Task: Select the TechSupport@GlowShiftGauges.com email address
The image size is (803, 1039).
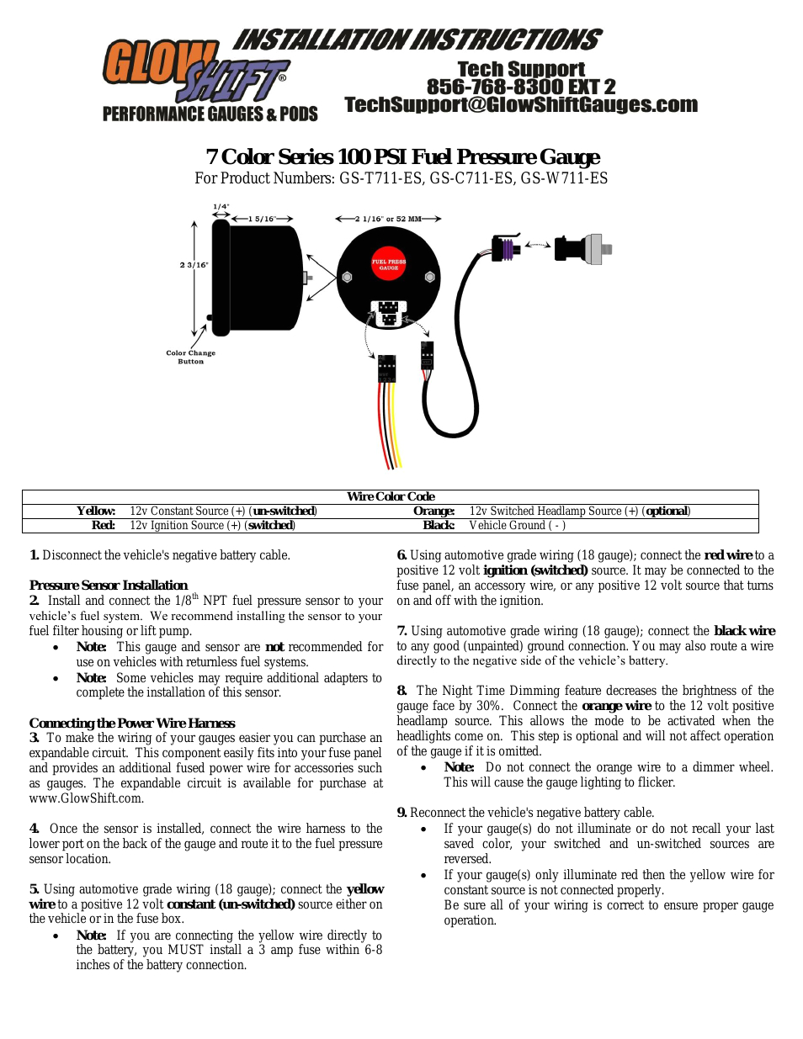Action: tap(521, 105)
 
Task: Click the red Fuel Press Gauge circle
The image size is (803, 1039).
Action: tap(389, 264)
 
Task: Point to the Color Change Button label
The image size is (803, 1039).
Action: tap(190, 357)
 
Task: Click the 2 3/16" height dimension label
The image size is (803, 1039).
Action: tap(194, 265)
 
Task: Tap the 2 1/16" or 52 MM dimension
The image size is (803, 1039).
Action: tap(388, 219)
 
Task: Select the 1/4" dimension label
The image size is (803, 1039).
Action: tap(221, 206)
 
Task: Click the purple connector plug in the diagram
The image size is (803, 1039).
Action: tap(507, 249)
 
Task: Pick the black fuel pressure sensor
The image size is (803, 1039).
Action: tap(575, 248)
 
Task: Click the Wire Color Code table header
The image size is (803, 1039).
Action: tap(391, 496)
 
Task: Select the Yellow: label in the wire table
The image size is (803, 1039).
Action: tap(96, 511)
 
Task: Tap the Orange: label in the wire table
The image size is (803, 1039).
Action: tap(433, 511)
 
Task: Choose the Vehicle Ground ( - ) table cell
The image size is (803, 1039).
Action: tap(517, 525)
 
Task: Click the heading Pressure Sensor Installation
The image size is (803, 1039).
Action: tap(109, 585)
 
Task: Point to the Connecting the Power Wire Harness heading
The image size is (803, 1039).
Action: tap(132, 723)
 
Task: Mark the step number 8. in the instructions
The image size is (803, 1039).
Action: tap(401, 691)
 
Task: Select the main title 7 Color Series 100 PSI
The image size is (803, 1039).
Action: tap(402, 157)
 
